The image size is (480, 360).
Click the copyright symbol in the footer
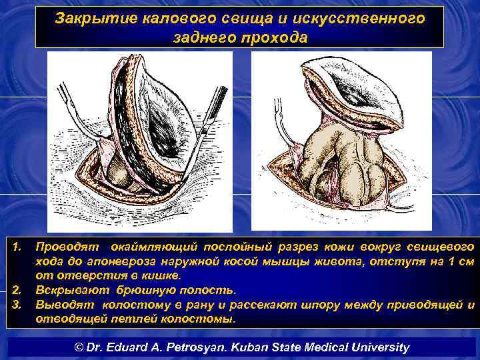tap(77, 347)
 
